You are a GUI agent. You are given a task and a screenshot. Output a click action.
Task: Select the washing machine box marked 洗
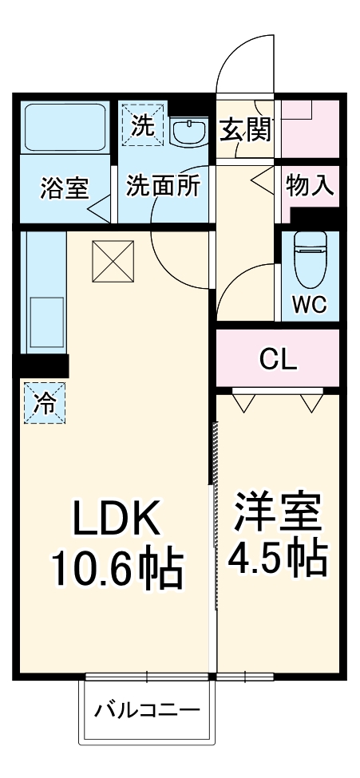point(142,124)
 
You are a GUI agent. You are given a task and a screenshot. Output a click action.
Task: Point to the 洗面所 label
point(164,188)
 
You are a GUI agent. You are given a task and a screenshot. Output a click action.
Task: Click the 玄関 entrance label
point(246,128)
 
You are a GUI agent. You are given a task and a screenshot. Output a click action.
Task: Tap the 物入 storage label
point(309,187)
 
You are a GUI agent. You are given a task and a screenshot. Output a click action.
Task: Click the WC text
point(309,306)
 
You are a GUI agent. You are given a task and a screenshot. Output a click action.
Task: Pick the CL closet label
point(279,359)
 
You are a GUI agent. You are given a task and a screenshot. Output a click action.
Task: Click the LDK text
point(117,519)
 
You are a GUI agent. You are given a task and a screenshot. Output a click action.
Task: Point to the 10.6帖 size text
point(117,569)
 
